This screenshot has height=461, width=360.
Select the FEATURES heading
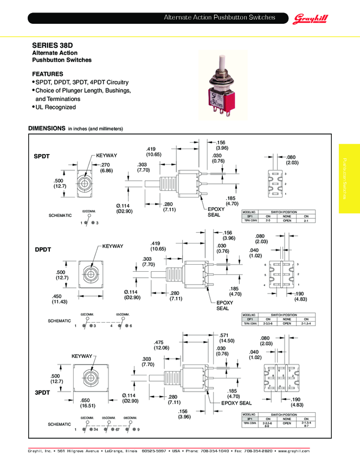pyautogui.click(x=48, y=74)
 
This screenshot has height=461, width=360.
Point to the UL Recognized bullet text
pyautogui.click(x=56, y=107)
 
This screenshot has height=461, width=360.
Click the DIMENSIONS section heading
pyautogui.click(x=47, y=129)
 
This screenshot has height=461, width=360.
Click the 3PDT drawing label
pyautogui.click(x=42, y=392)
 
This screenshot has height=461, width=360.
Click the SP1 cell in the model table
pyautogui.click(x=250, y=216)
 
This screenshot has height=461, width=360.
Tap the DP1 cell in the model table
pyautogui.click(x=250, y=319)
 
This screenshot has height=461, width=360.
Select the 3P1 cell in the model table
pyautogui.click(x=250, y=419)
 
